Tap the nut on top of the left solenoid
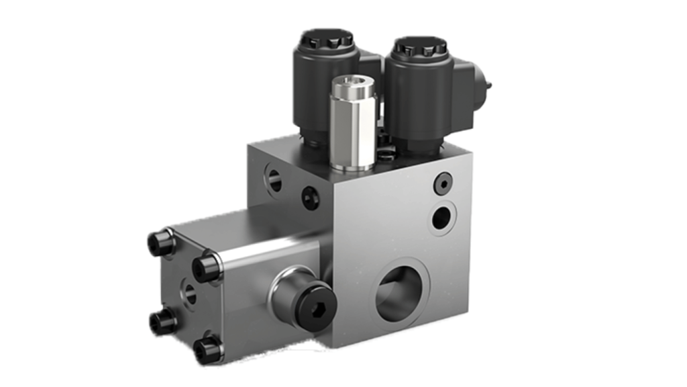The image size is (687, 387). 327,40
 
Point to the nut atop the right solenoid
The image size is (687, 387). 421,46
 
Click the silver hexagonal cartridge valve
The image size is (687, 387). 353,128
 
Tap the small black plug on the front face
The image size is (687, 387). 443,183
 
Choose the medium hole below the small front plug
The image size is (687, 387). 442,216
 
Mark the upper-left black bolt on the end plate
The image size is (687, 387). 161,243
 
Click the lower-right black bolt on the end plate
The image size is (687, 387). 207,349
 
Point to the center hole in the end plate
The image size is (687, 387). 190,293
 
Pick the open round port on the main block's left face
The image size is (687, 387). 274,179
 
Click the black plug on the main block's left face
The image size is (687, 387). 310,197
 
